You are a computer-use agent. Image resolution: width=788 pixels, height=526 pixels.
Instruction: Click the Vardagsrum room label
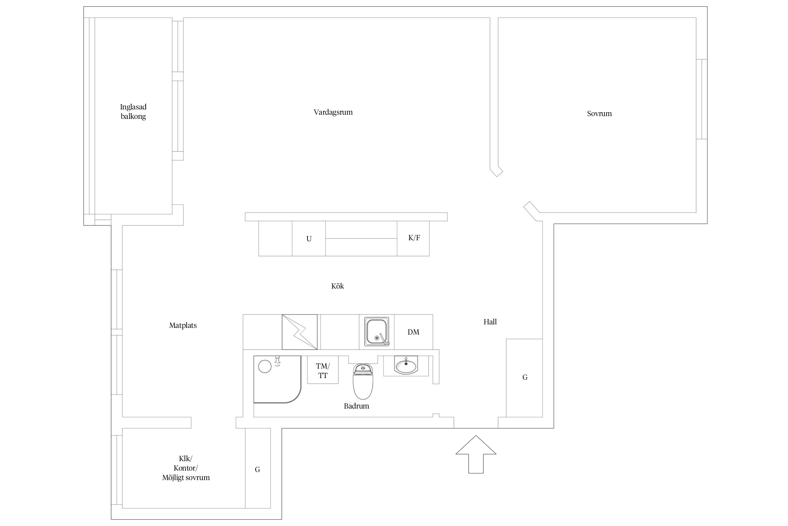(333, 113)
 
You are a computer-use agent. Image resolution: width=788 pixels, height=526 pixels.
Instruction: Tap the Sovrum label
(599, 114)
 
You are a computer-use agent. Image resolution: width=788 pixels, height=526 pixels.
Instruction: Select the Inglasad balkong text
(133, 112)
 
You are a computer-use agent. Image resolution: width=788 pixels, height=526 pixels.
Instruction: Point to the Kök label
(338, 286)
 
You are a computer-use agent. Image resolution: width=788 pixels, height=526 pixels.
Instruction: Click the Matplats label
(183, 325)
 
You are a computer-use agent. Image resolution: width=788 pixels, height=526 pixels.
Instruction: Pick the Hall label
(490, 322)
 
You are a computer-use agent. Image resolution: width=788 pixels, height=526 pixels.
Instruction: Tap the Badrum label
(356, 406)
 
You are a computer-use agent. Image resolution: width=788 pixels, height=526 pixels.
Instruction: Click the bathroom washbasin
(406, 366)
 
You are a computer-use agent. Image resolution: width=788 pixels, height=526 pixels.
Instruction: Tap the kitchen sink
(376, 332)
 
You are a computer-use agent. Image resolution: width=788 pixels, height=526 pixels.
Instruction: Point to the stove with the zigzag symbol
(299, 332)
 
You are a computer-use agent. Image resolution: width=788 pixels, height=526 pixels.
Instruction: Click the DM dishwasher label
(413, 332)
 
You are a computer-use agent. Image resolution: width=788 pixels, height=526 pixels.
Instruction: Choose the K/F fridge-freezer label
(414, 238)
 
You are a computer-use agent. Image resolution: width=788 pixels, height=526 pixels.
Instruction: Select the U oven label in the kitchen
(309, 239)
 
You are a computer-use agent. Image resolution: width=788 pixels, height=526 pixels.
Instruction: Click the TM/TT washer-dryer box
(323, 371)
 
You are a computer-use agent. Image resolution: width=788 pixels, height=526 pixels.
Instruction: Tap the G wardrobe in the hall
(525, 378)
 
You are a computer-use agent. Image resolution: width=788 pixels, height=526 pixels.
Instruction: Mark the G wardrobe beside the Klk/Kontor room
(257, 470)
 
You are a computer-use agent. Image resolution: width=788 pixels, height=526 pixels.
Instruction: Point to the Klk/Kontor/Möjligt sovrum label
(186, 468)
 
